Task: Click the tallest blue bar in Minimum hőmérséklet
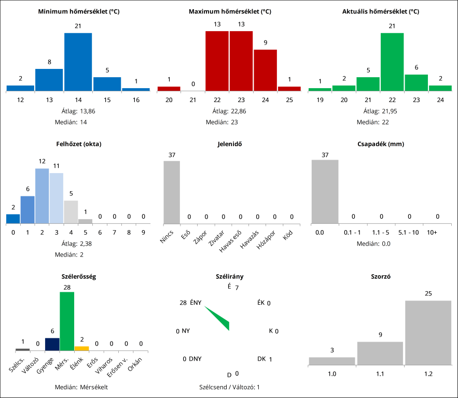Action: coord(78,62)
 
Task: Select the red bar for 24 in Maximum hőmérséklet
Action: coord(265,70)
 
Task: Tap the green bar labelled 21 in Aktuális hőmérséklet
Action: coord(368,84)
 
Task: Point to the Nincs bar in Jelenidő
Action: coord(172,192)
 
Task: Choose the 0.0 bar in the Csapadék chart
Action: coord(325,192)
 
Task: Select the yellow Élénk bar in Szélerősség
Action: coord(81,348)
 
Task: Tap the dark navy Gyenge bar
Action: coord(52,344)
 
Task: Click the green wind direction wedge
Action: coord(220,319)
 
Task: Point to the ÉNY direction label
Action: coord(196,303)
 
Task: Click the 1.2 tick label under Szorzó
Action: coord(428,373)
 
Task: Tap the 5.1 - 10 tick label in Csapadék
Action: coord(409,233)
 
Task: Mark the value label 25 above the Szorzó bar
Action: coord(428,294)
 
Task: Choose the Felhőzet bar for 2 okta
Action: coord(42,196)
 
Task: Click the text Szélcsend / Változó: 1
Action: coord(229,387)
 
